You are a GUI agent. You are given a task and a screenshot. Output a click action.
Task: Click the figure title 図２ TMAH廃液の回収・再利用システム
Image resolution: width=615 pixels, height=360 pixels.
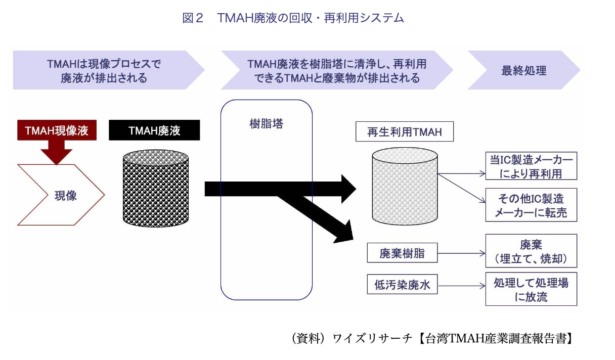pos(293,18)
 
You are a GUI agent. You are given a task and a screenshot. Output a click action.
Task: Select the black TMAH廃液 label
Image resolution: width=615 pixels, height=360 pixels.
pos(154,131)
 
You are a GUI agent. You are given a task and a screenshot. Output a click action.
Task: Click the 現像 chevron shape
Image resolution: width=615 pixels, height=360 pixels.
pos(61,195)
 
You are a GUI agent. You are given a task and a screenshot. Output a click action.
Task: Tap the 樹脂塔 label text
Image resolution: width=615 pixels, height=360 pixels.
pos(267,123)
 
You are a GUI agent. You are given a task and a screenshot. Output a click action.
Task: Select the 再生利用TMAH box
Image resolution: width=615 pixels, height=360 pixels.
pos(405,132)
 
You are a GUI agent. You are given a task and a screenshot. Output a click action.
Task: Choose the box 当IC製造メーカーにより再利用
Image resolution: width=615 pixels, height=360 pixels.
pos(531,166)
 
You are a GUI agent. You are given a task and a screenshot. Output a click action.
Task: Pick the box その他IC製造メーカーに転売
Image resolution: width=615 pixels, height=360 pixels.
pos(531,205)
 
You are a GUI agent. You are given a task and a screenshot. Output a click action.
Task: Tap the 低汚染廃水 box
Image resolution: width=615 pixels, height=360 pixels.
pos(402,285)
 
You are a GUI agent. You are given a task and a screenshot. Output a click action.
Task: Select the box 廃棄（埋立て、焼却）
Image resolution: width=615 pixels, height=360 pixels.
pos(531,251)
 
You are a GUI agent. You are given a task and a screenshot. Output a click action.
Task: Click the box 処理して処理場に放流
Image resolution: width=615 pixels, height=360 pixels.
pos(531,289)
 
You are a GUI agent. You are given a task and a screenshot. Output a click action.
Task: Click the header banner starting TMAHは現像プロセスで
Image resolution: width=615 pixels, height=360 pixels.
pos(104,70)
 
